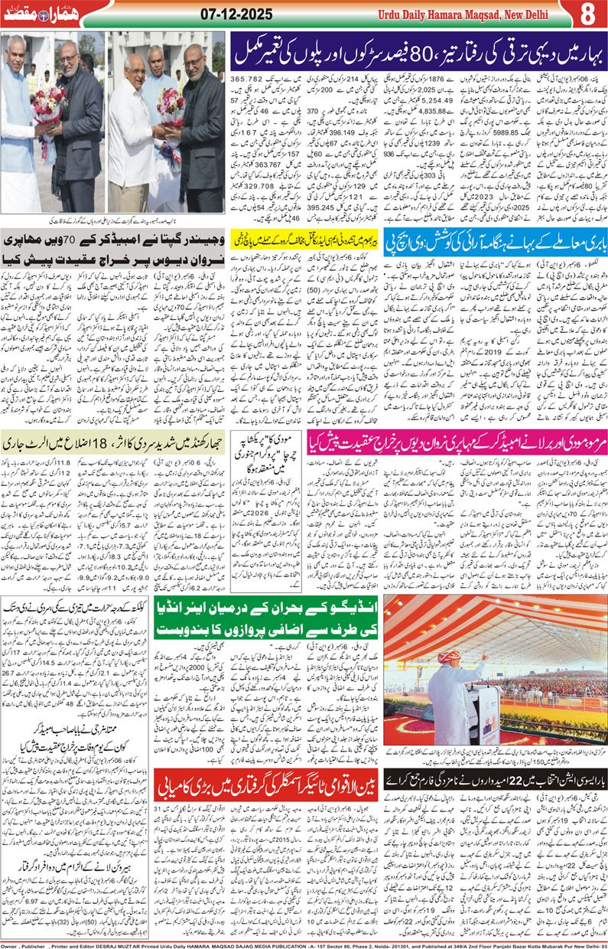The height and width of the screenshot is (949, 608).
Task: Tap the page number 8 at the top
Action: coord(587,15)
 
